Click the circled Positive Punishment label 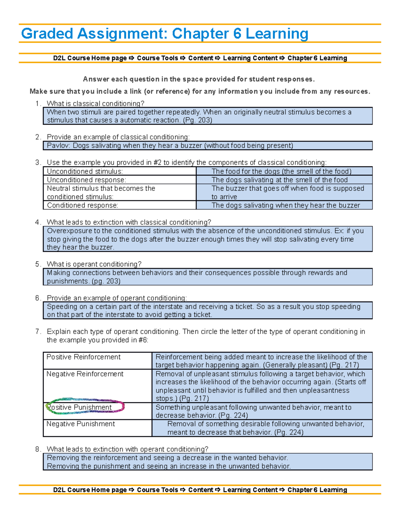(79, 407)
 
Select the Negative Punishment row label (80, 424)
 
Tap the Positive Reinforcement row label (83, 357)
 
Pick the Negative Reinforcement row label (85, 374)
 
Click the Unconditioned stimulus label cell (85, 171)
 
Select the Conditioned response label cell (82, 205)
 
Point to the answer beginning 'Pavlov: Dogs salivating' (170, 146)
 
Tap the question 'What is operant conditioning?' (94, 264)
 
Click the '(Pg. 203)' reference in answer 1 (197, 120)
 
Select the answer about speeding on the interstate (203, 311)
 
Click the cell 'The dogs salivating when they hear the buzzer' (286, 205)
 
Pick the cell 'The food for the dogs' (281, 171)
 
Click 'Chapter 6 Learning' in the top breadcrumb (317, 58)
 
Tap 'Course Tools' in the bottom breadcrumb (157, 490)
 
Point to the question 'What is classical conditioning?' (95, 103)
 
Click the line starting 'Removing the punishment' (168, 466)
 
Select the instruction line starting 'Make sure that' (200, 91)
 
